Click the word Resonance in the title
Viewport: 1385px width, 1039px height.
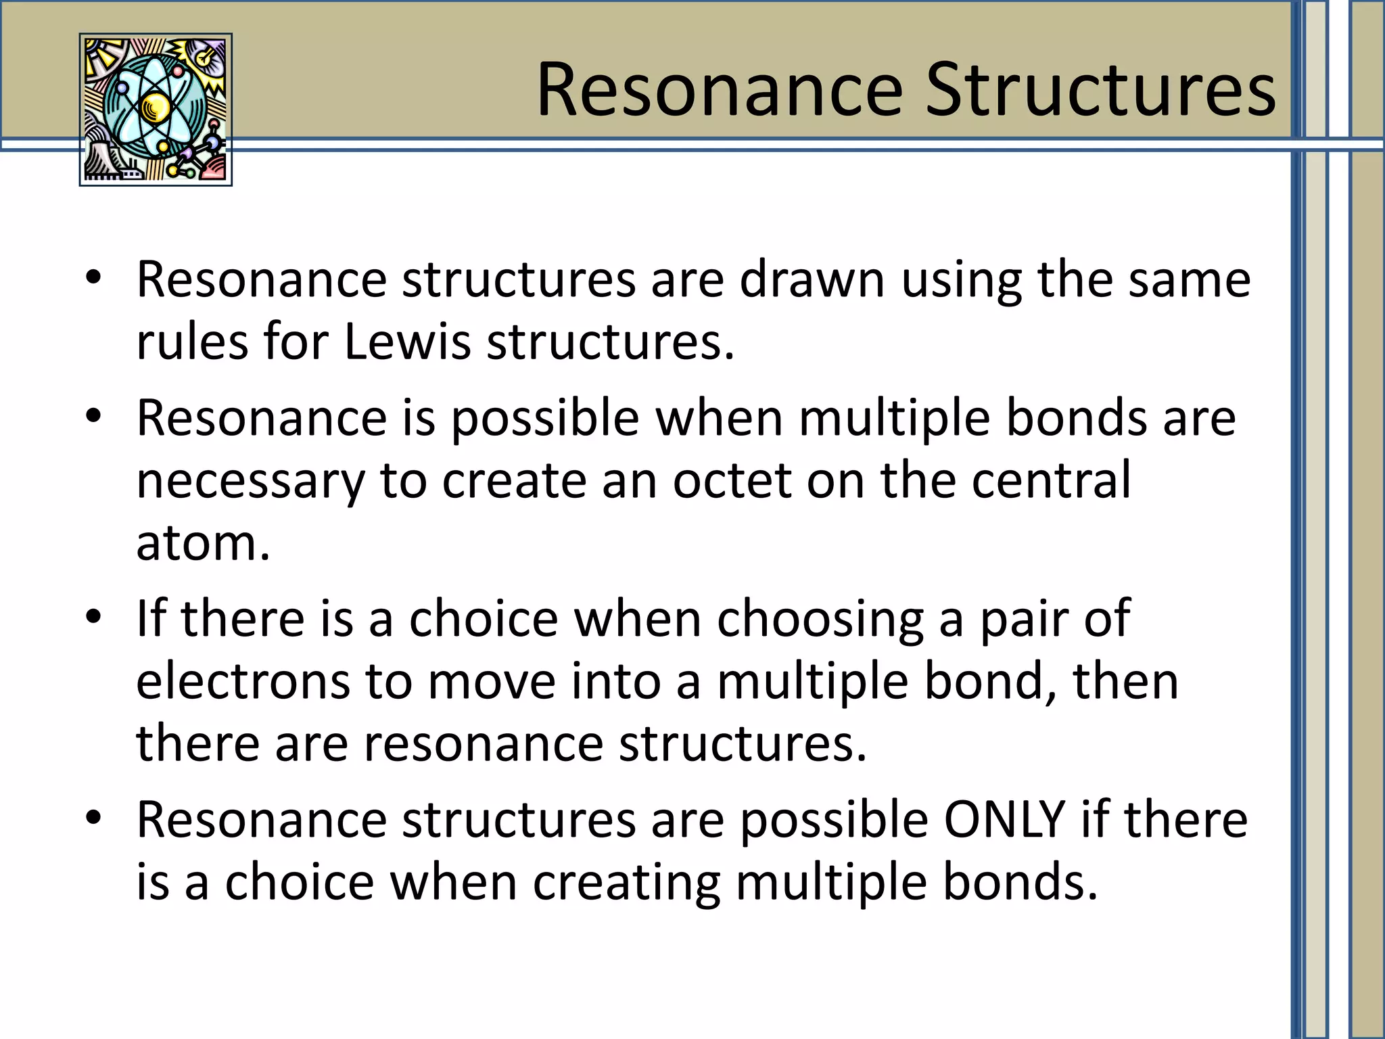[720, 91]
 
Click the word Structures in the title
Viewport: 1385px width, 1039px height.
[1100, 91]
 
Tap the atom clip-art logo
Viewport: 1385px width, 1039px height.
[156, 110]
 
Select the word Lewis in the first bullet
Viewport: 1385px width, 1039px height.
[407, 342]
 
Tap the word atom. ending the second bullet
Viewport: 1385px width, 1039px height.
[203, 543]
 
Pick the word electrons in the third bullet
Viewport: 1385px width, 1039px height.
[243, 681]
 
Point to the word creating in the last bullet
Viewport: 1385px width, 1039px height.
[626, 883]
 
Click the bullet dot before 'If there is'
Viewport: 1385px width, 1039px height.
[93, 617]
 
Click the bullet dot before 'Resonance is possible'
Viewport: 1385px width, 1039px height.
[93, 415]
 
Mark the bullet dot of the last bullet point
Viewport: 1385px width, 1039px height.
[93, 818]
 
